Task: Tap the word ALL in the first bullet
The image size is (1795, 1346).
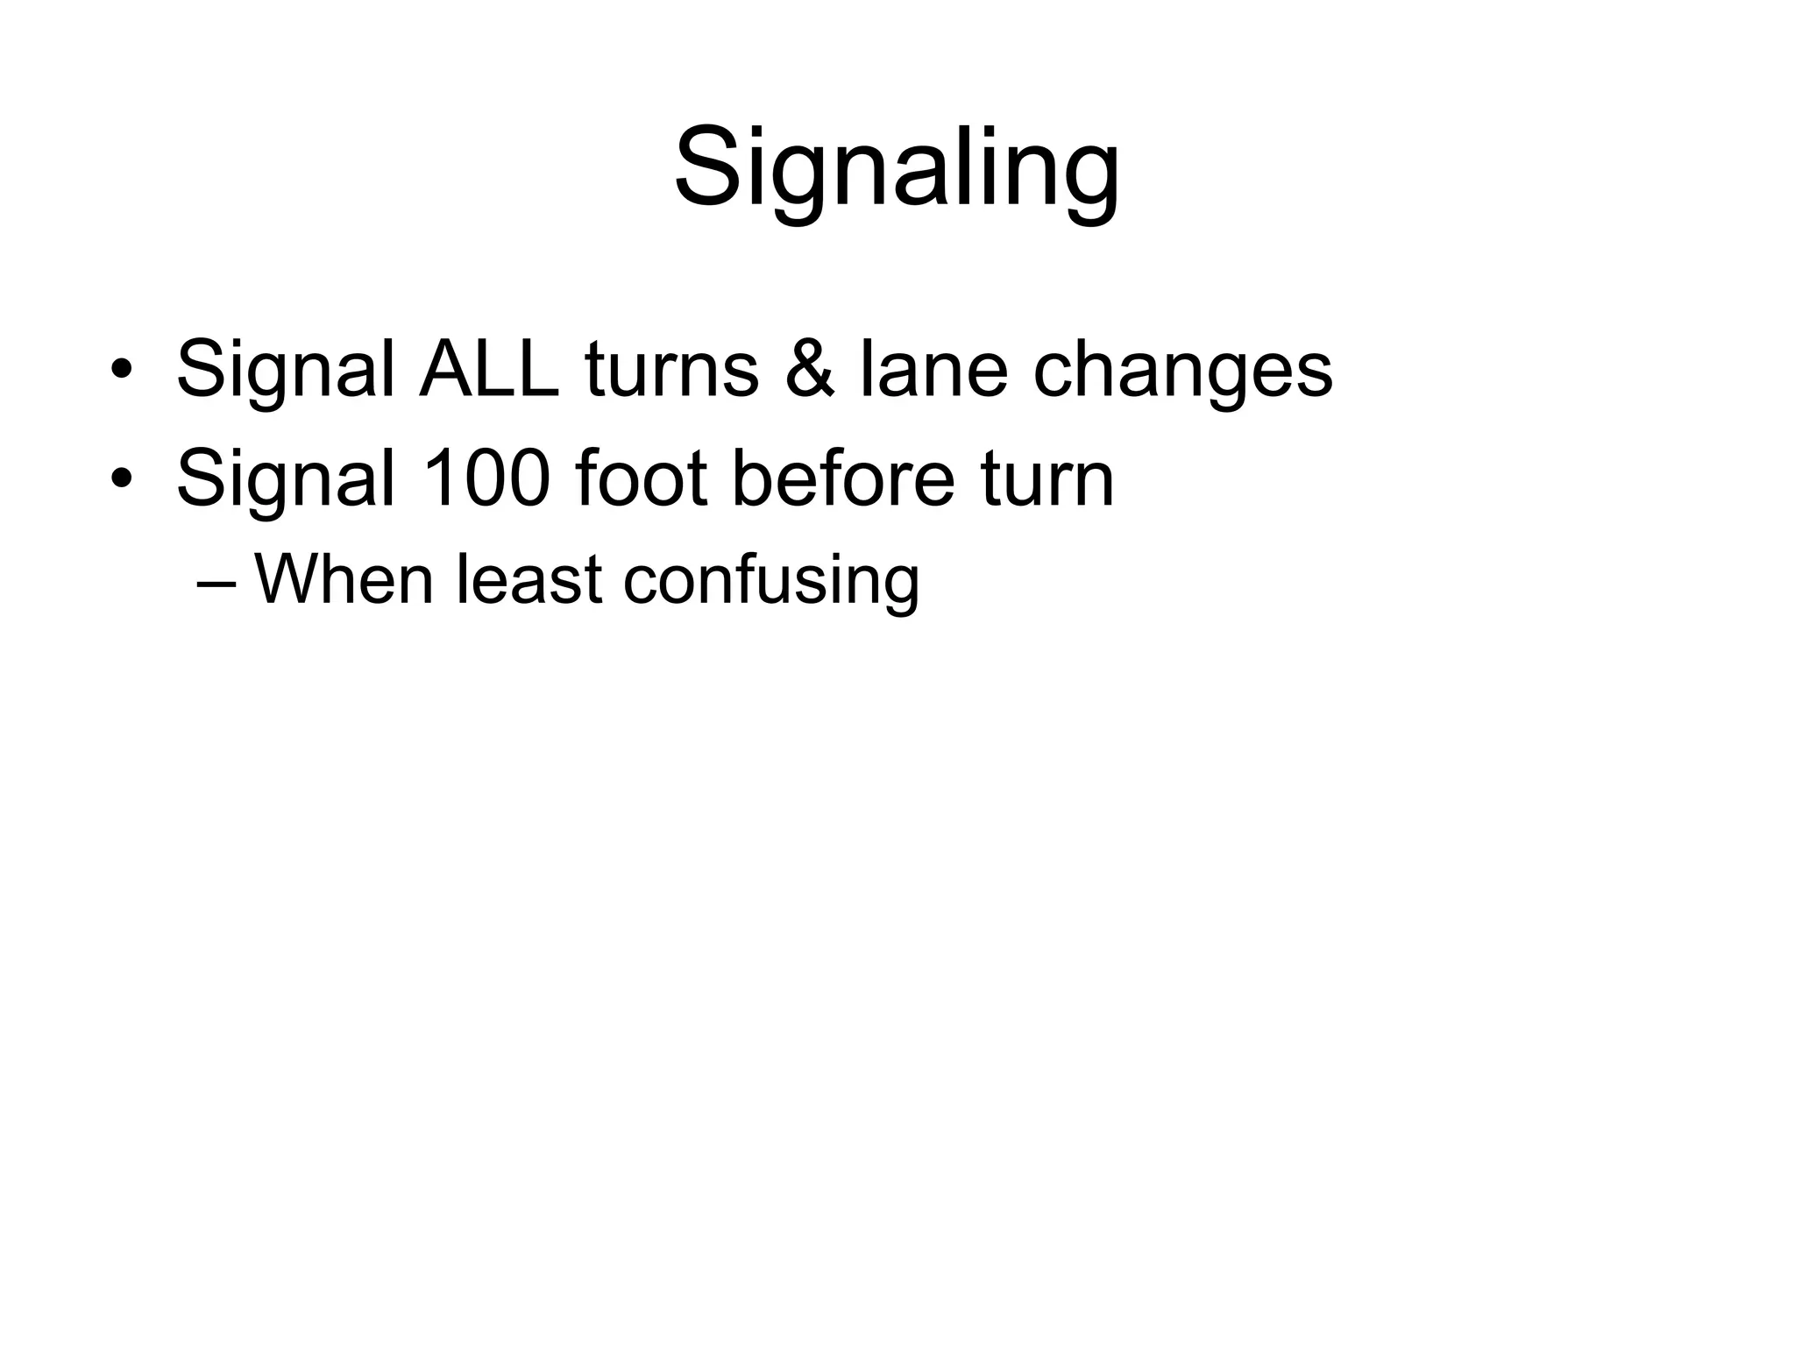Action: [x=489, y=370]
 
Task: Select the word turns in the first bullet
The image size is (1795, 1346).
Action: [x=671, y=370]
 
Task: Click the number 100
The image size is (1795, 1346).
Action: [x=487, y=479]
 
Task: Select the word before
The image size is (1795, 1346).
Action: [x=842, y=479]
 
